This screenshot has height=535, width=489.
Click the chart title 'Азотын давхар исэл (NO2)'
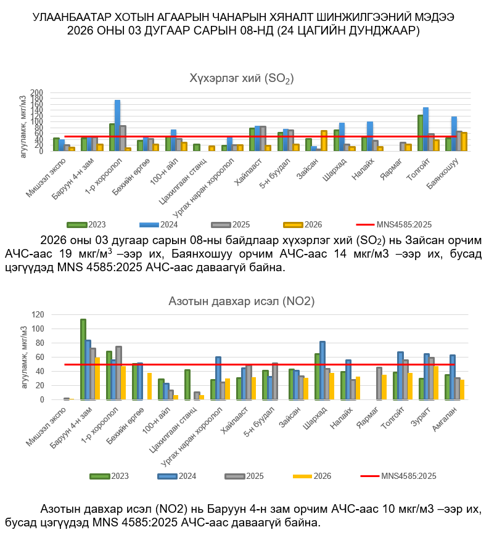(242, 301)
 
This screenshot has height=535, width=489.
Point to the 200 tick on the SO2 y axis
(37, 93)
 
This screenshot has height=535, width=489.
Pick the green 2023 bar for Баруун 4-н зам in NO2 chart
(83, 359)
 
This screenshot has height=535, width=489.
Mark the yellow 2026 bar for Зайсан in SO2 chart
(324, 141)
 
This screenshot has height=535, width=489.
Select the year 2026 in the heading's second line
(81, 31)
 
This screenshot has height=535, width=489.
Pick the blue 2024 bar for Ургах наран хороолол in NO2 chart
(218, 378)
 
